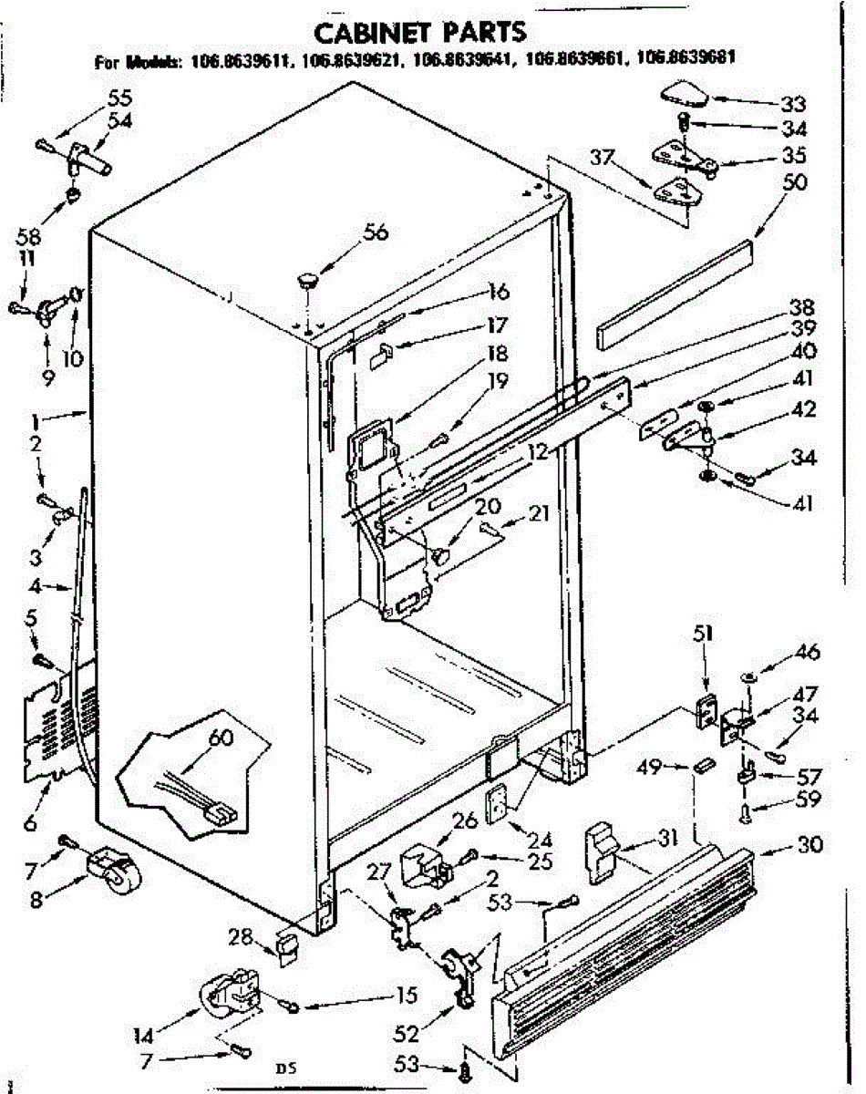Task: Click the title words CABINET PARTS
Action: [x=419, y=32]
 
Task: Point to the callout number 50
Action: [x=794, y=182]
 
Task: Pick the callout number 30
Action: [x=809, y=844]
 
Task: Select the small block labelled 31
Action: [x=600, y=851]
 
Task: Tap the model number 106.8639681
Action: [x=686, y=62]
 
